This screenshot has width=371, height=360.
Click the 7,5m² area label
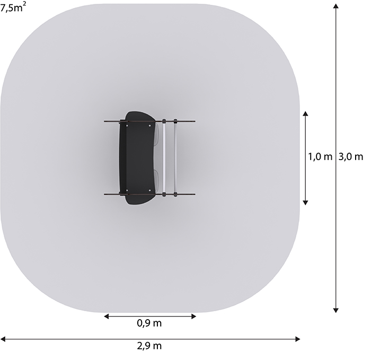pos(13,7)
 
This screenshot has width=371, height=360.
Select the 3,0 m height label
pos(351,157)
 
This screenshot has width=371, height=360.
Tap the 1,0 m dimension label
pos(320,157)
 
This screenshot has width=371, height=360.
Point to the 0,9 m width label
pos(149,323)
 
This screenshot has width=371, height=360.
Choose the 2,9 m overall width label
pos(149,346)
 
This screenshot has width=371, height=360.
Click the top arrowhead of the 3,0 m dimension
pos(335,6)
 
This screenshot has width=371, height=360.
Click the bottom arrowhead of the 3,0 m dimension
pos(335,310)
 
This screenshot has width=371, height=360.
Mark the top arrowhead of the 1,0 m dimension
pos(305,113)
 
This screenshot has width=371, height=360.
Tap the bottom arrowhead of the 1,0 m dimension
pos(305,203)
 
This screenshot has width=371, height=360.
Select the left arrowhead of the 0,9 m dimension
pos(107,316)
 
